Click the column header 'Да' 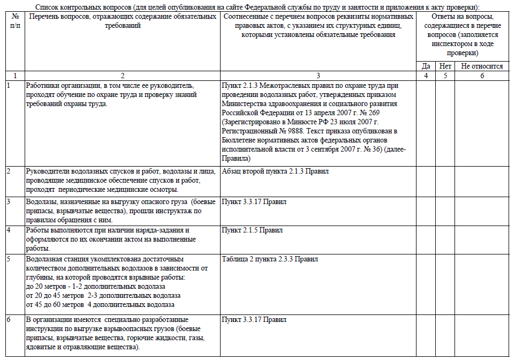(426, 66)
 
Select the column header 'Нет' (445, 66)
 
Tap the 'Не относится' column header (481, 66)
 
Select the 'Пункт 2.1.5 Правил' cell (252, 230)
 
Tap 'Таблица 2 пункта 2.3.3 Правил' (270, 259)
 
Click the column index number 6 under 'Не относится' (481, 76)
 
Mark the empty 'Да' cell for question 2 (426, 181)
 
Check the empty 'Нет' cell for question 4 (445, 239)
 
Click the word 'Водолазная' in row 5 (44, 259)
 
